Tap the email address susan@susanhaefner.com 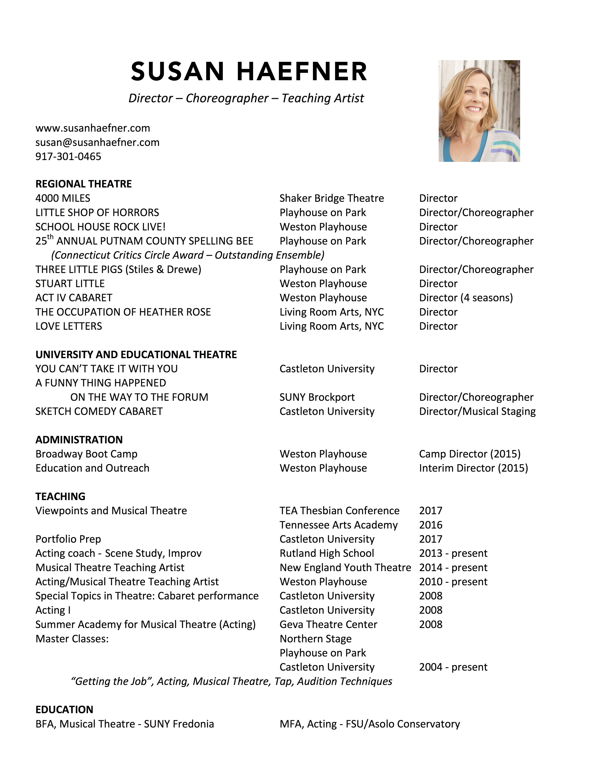coord(97,142)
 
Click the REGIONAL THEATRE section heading coord(84,184)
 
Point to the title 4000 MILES coord(63,198)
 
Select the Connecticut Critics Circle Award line coord(188,255)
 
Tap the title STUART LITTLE coord(70,283)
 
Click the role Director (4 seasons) coord(466,298)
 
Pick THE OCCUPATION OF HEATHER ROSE coord(123,312)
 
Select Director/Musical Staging coord(477,411)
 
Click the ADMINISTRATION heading coord(79,440)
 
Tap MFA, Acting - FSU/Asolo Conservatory coord(370,724)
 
